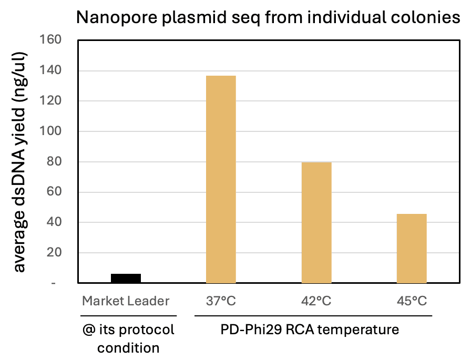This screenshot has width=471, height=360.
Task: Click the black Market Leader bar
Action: point(126,278)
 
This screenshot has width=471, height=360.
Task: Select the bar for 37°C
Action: point(221,179)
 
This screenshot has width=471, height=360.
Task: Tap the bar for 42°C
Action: point(316,223)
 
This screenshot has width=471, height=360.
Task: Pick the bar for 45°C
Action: point(412,248)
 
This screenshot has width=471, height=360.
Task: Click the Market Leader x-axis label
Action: point(126,301)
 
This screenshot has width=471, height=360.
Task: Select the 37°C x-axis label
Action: point(221,301)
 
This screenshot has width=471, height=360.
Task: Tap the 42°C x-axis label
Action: point(316,301)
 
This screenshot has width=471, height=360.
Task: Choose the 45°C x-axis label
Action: point(412,301)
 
